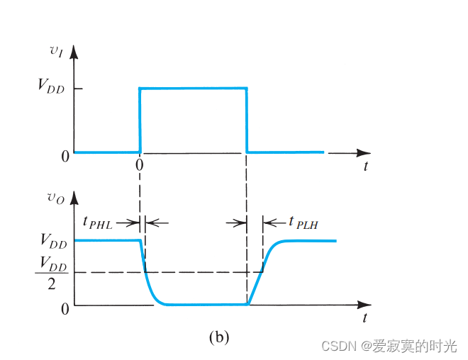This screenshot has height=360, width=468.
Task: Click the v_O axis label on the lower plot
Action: pyautogui.click(x=56, y=199)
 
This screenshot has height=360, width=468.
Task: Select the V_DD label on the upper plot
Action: pyautogui.click(x=52, y=89)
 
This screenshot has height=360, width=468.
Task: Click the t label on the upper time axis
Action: pyautogui.click(x=365, y=167)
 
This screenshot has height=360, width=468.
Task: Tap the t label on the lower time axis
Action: pyautogui.click(x=365, y=319)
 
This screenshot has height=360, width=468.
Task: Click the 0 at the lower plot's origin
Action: pyautogui.click(x=65, y=309)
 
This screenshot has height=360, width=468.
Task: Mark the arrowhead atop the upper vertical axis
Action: pyautogui.click(x=74, y=51)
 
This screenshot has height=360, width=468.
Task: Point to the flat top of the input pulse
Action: pyautogui.click(x=193, y=88)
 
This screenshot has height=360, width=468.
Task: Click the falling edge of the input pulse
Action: pyautogui.click(x=246, y=120)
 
